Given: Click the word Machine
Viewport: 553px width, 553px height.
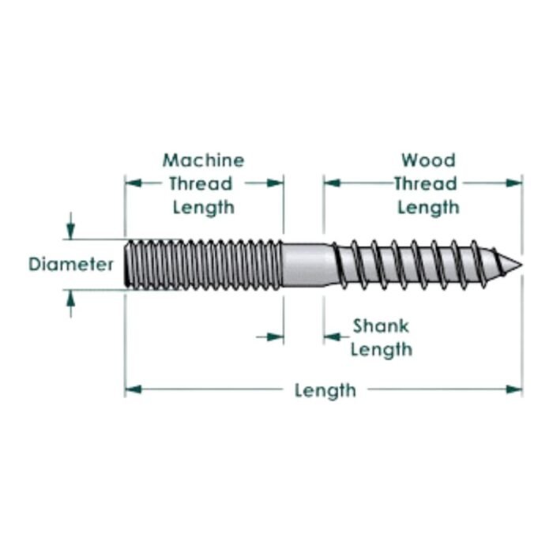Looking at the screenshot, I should tap(203, 160).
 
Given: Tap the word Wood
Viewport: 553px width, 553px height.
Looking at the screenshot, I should tap(428, 160).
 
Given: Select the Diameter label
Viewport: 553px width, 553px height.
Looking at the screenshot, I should tap(71, 264).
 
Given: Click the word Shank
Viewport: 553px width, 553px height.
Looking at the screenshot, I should tap(380, 325).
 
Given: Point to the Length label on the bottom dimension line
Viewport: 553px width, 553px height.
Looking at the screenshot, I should tap(325, 390).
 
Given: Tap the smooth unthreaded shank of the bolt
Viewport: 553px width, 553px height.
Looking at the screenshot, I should tap(307, 265).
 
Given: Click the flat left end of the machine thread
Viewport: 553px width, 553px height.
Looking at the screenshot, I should tap(127, 264).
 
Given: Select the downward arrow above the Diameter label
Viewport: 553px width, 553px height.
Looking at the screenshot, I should tap(70, 230).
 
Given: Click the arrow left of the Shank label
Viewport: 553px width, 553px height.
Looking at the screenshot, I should tap(332, 337).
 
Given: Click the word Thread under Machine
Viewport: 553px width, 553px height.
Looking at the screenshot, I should tap(203, 184).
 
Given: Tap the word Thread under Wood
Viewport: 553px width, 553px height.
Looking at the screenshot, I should tap(426, 184).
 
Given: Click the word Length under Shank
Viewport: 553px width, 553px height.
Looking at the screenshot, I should tap(381, 349).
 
